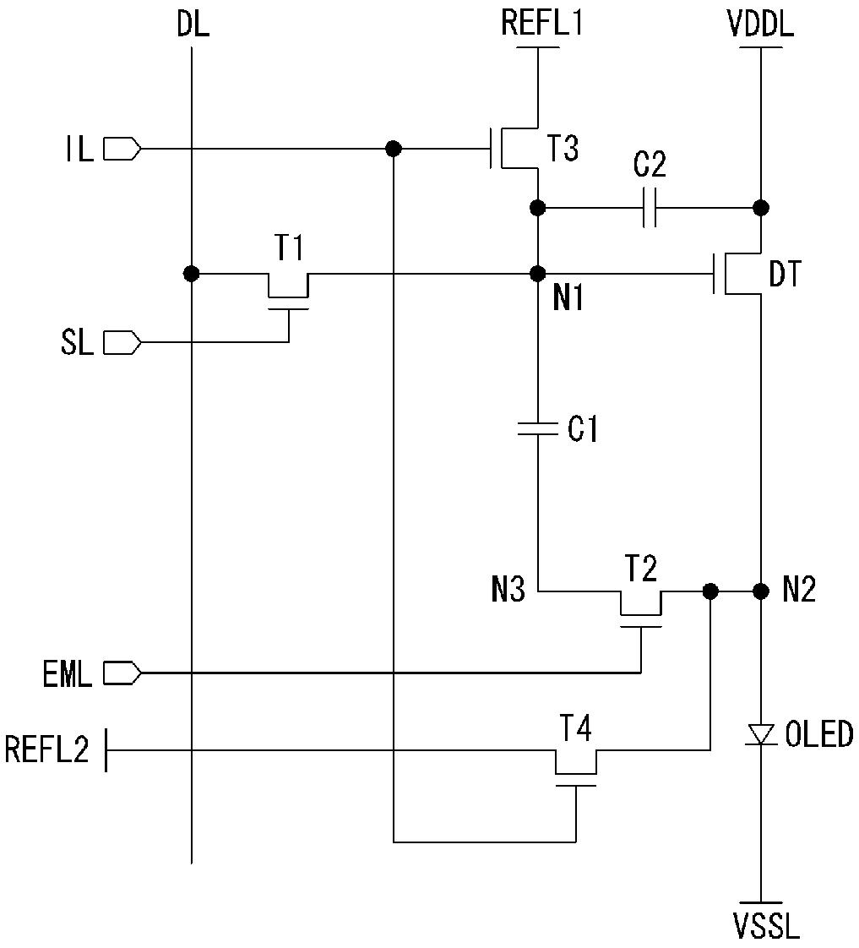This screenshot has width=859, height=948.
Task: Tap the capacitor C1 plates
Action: coord(537,428)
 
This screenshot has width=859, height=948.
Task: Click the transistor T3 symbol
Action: coord(514,148)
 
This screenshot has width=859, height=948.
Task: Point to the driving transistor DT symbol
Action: coord(737,274)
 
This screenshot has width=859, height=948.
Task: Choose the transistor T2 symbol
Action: coord(641,608)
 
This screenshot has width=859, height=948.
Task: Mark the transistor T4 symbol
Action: coord(575,767)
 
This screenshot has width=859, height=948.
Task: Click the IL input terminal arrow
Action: coord(122,149)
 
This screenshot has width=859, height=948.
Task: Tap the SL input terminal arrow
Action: coord(122,343)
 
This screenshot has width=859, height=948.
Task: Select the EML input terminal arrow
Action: coord(122,672)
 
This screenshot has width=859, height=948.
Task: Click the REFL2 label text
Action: coord(47,749)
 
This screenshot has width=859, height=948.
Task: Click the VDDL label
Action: coord(760,25)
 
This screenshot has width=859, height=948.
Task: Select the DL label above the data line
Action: coord(193,25)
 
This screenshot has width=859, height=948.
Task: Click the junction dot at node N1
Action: coord(537,274)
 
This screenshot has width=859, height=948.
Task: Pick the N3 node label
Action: coord(508,590)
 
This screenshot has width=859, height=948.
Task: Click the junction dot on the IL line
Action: coord(393,149)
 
